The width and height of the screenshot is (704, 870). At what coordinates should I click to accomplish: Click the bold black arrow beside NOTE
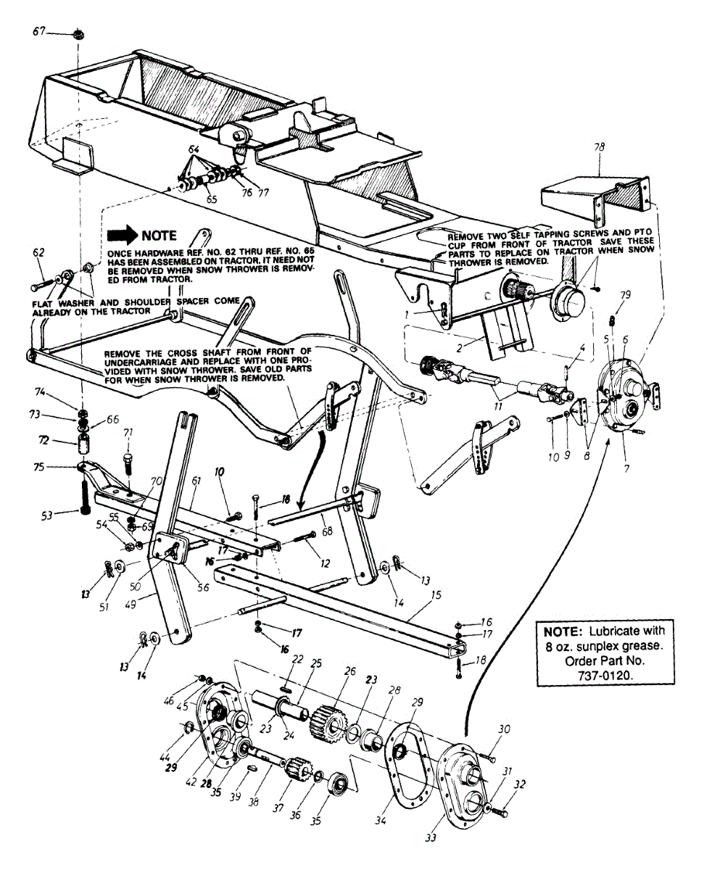(121, 236)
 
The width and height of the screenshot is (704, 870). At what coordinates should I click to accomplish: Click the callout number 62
(39, 254)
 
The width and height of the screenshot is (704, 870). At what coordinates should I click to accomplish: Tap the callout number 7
(626, 468)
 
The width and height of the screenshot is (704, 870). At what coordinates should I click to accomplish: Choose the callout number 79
(626, 296)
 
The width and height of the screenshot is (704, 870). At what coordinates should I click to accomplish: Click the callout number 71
(128, 433)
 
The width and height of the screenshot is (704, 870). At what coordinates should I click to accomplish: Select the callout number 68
(327, 532)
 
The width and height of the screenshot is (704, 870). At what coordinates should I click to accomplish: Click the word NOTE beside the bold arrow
(159, 236)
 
